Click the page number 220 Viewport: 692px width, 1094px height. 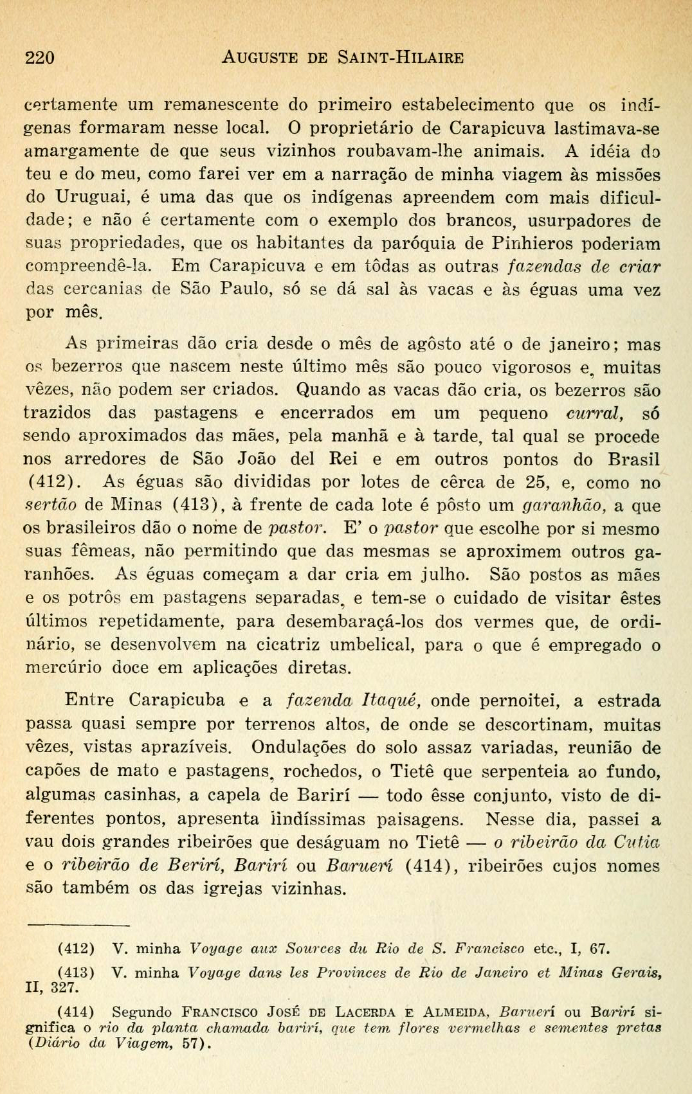(x=40, y=58)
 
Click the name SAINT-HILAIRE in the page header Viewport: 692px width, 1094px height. (x=401, y=58)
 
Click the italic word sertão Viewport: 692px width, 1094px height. (x=51, y=506)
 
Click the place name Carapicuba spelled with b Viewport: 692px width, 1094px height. (x=177, y=701)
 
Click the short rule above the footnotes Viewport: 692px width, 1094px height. (x=70, y=925)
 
